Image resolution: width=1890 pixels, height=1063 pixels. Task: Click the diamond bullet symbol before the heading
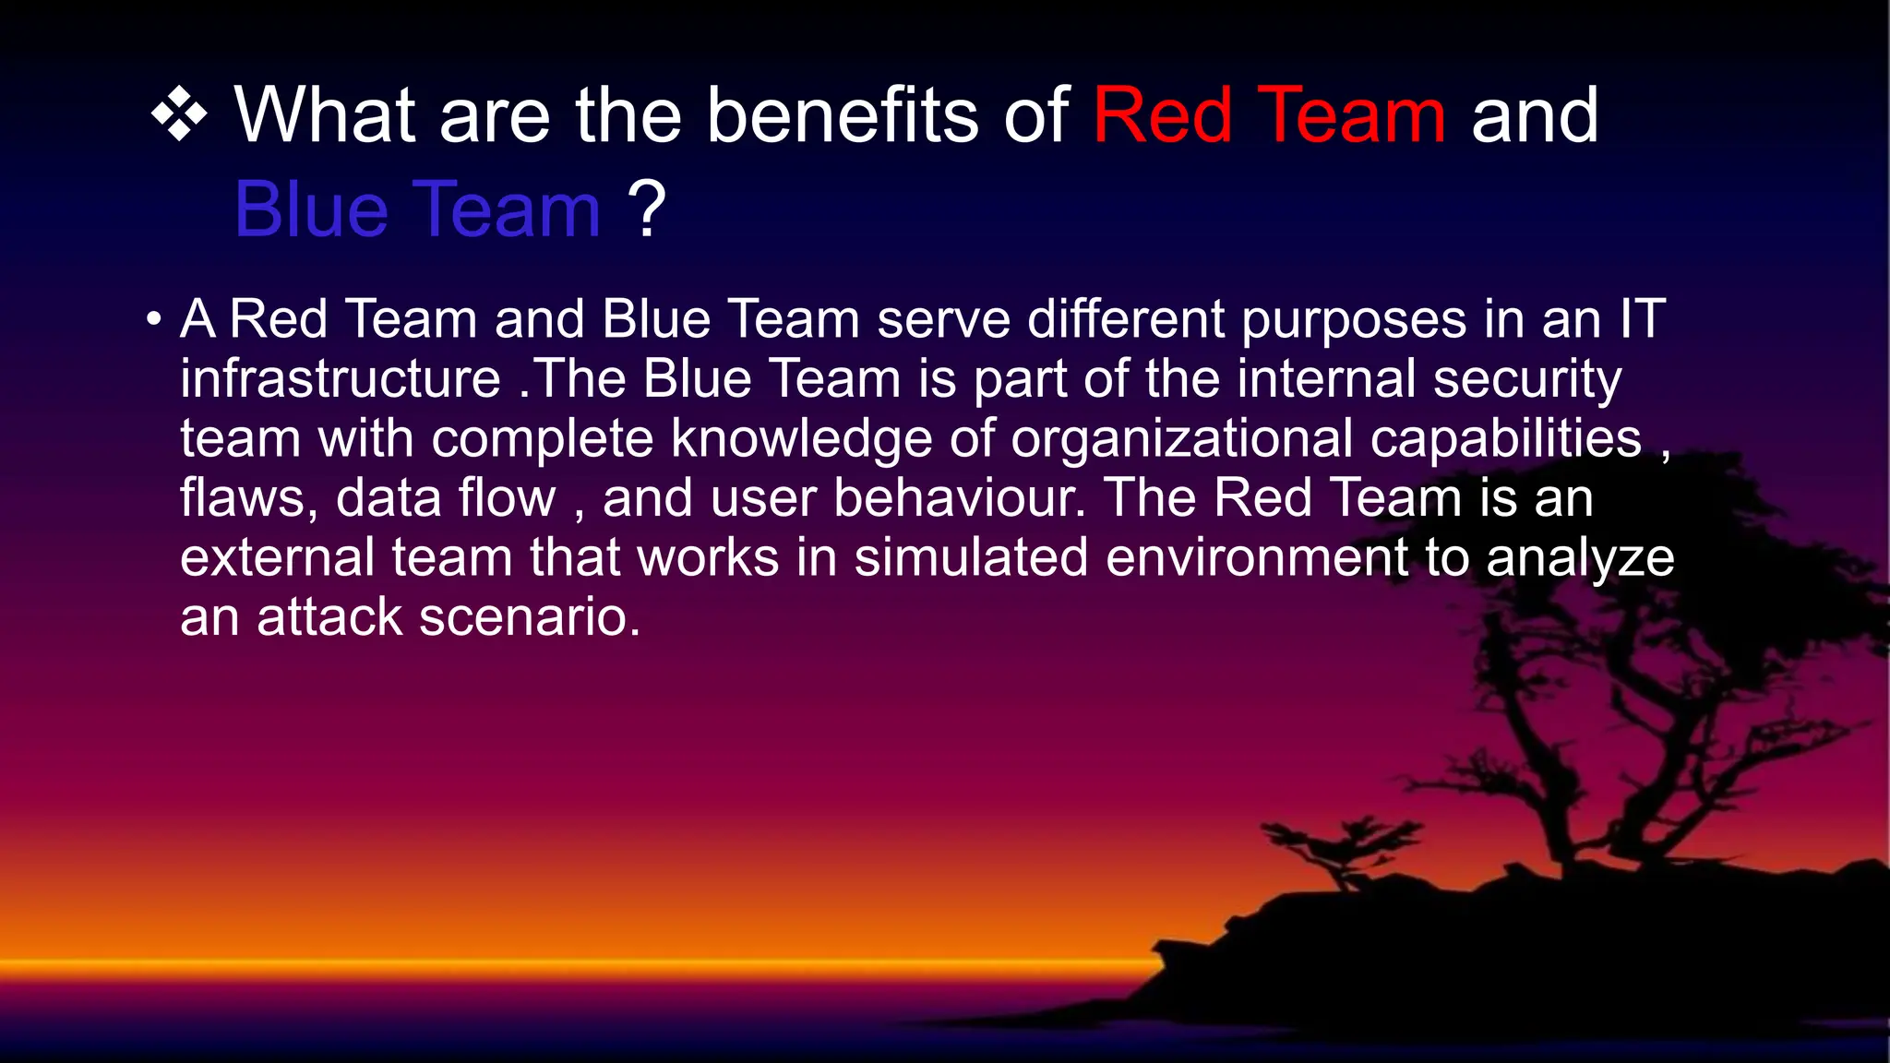tap(179, 116)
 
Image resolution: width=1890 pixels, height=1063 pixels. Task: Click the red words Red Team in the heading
tap(1269, 116)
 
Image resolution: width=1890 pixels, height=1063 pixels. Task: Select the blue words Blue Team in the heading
tap(417, 210)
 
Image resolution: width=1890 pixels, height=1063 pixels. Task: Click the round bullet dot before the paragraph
tap(154, 320)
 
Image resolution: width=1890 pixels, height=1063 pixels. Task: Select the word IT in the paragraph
tap(1643, 319)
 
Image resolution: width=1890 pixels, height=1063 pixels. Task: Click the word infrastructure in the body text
tap(340, 379)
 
